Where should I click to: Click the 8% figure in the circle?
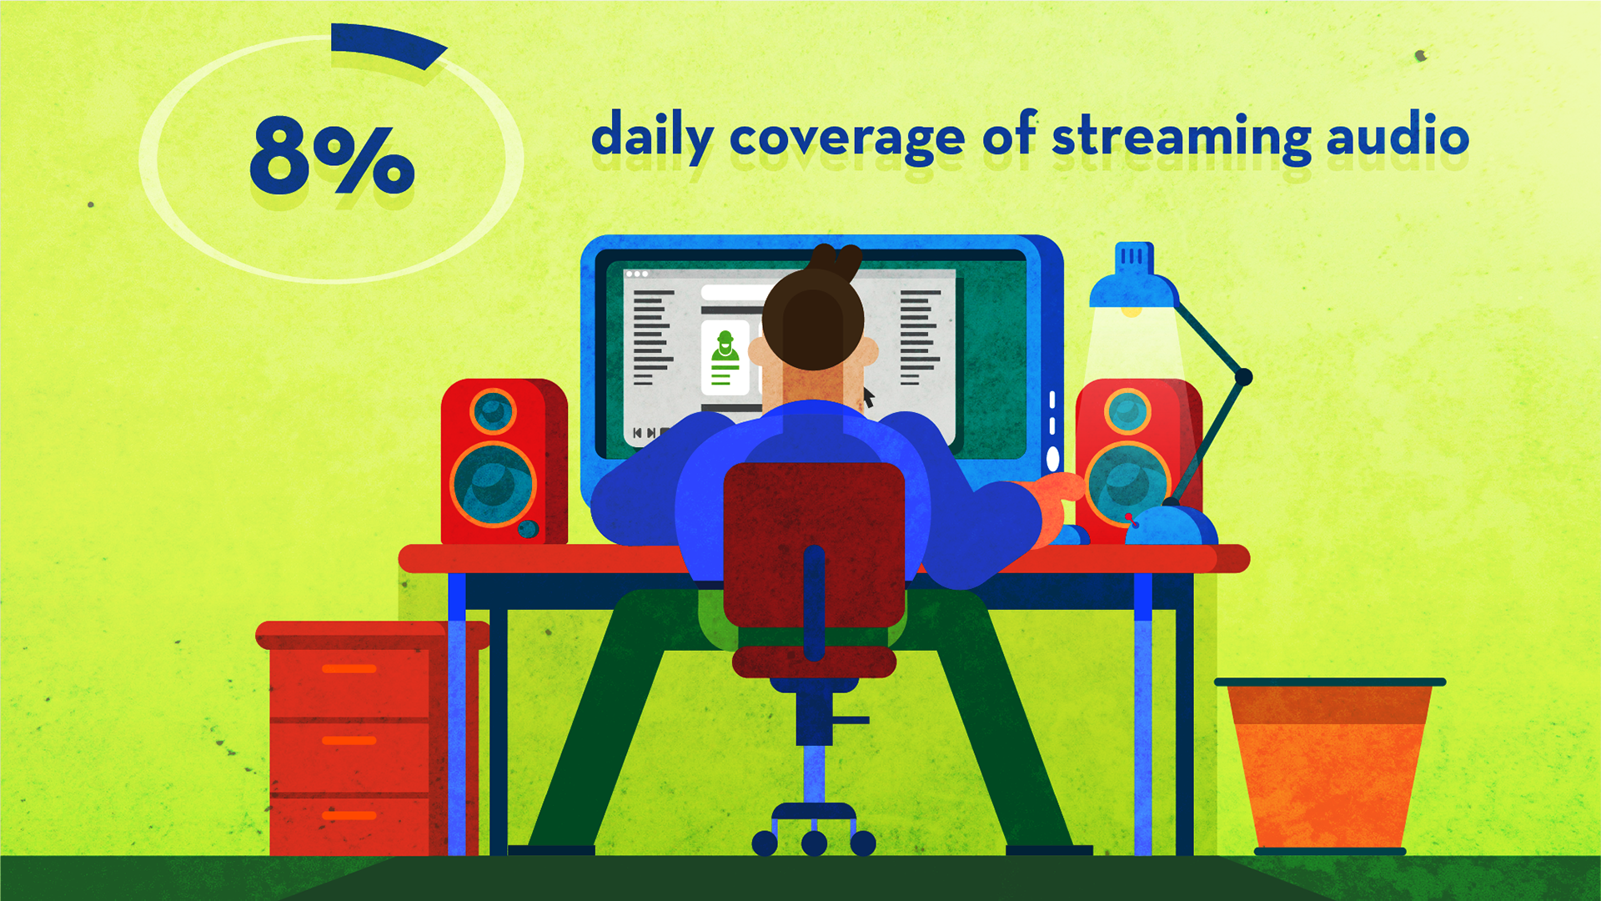tap(332, 155)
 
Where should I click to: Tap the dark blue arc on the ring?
tap(388, 44)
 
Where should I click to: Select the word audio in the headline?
tap(1398, 135)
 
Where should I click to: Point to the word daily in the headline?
tap(652, 135)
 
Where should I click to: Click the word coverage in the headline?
tap(847, 139)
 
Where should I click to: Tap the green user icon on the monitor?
tap(725, 359)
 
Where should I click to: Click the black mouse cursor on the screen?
tap(868, 396)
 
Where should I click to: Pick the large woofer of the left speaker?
tap(493, 485)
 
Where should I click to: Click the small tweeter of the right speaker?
tap(1127, 411)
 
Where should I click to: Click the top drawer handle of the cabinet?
tap(349, 669)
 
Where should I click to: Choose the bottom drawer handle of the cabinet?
tap(349, 815)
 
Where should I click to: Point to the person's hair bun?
tap(836, 262)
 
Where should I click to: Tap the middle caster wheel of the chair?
tap(814, 843)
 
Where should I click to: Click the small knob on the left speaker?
tap(528, 529)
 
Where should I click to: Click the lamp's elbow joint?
tap(1242, 377)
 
